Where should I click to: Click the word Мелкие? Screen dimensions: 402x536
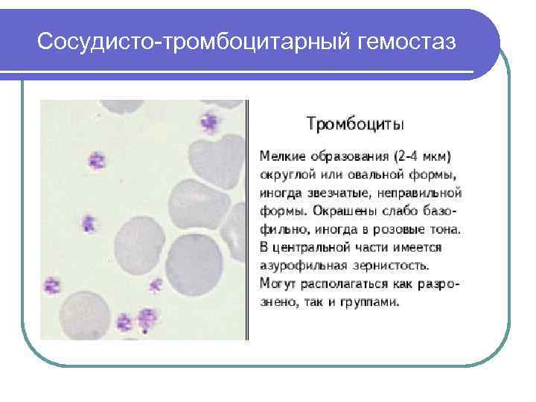(x=279, y=157)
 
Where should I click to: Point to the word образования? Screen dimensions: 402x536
(x=345, y=157)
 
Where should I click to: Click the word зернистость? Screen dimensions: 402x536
(x=384, y=264)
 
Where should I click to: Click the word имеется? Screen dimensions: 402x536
(x=416, y=246)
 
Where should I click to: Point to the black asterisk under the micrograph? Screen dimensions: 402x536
(x=145, y=334)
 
